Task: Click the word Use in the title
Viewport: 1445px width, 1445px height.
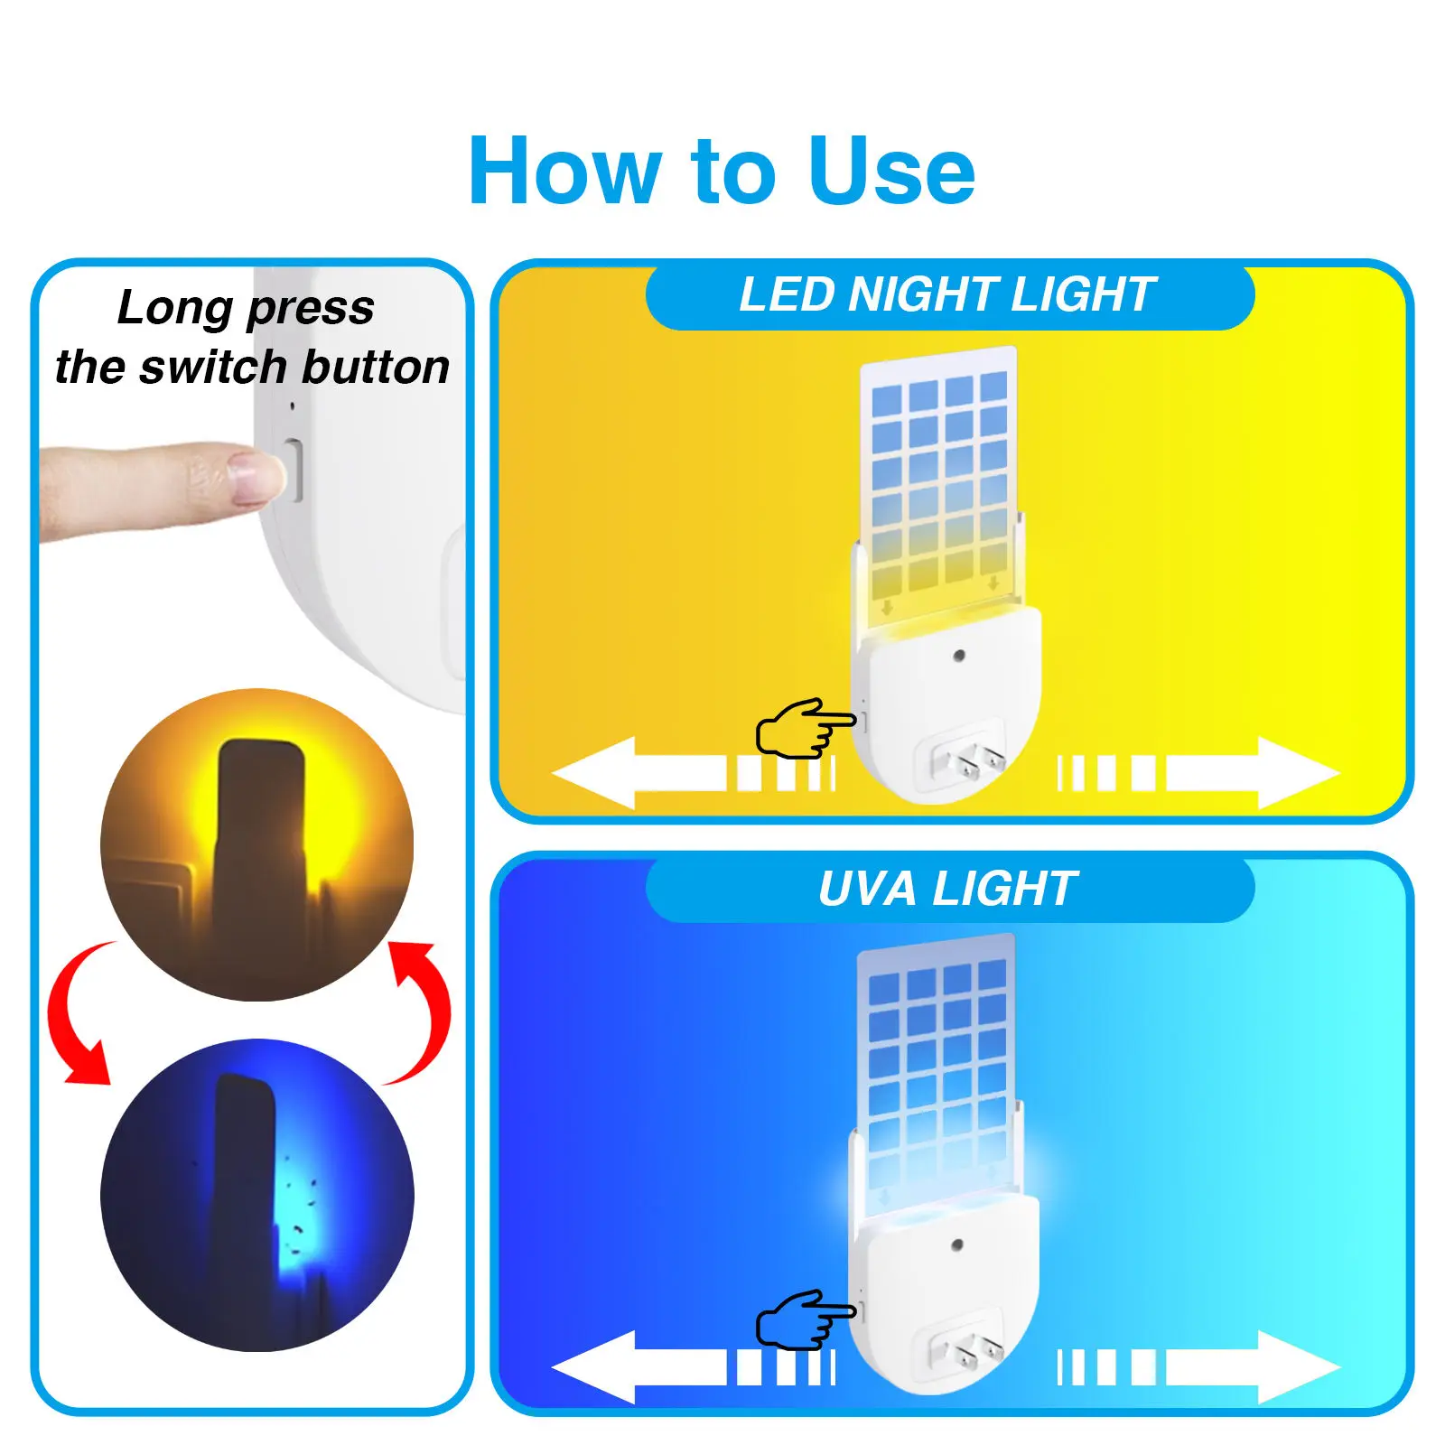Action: [892, 172]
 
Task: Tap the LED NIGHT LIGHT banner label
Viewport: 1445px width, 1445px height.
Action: [948, 295]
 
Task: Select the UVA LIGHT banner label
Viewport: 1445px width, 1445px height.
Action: [948, 889]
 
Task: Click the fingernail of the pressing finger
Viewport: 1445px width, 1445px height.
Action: [256, 476]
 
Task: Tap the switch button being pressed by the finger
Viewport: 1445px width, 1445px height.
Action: [294, 469]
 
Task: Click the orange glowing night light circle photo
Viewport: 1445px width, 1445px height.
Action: [256, 844]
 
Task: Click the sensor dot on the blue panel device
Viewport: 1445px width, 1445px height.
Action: [957, 1245]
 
